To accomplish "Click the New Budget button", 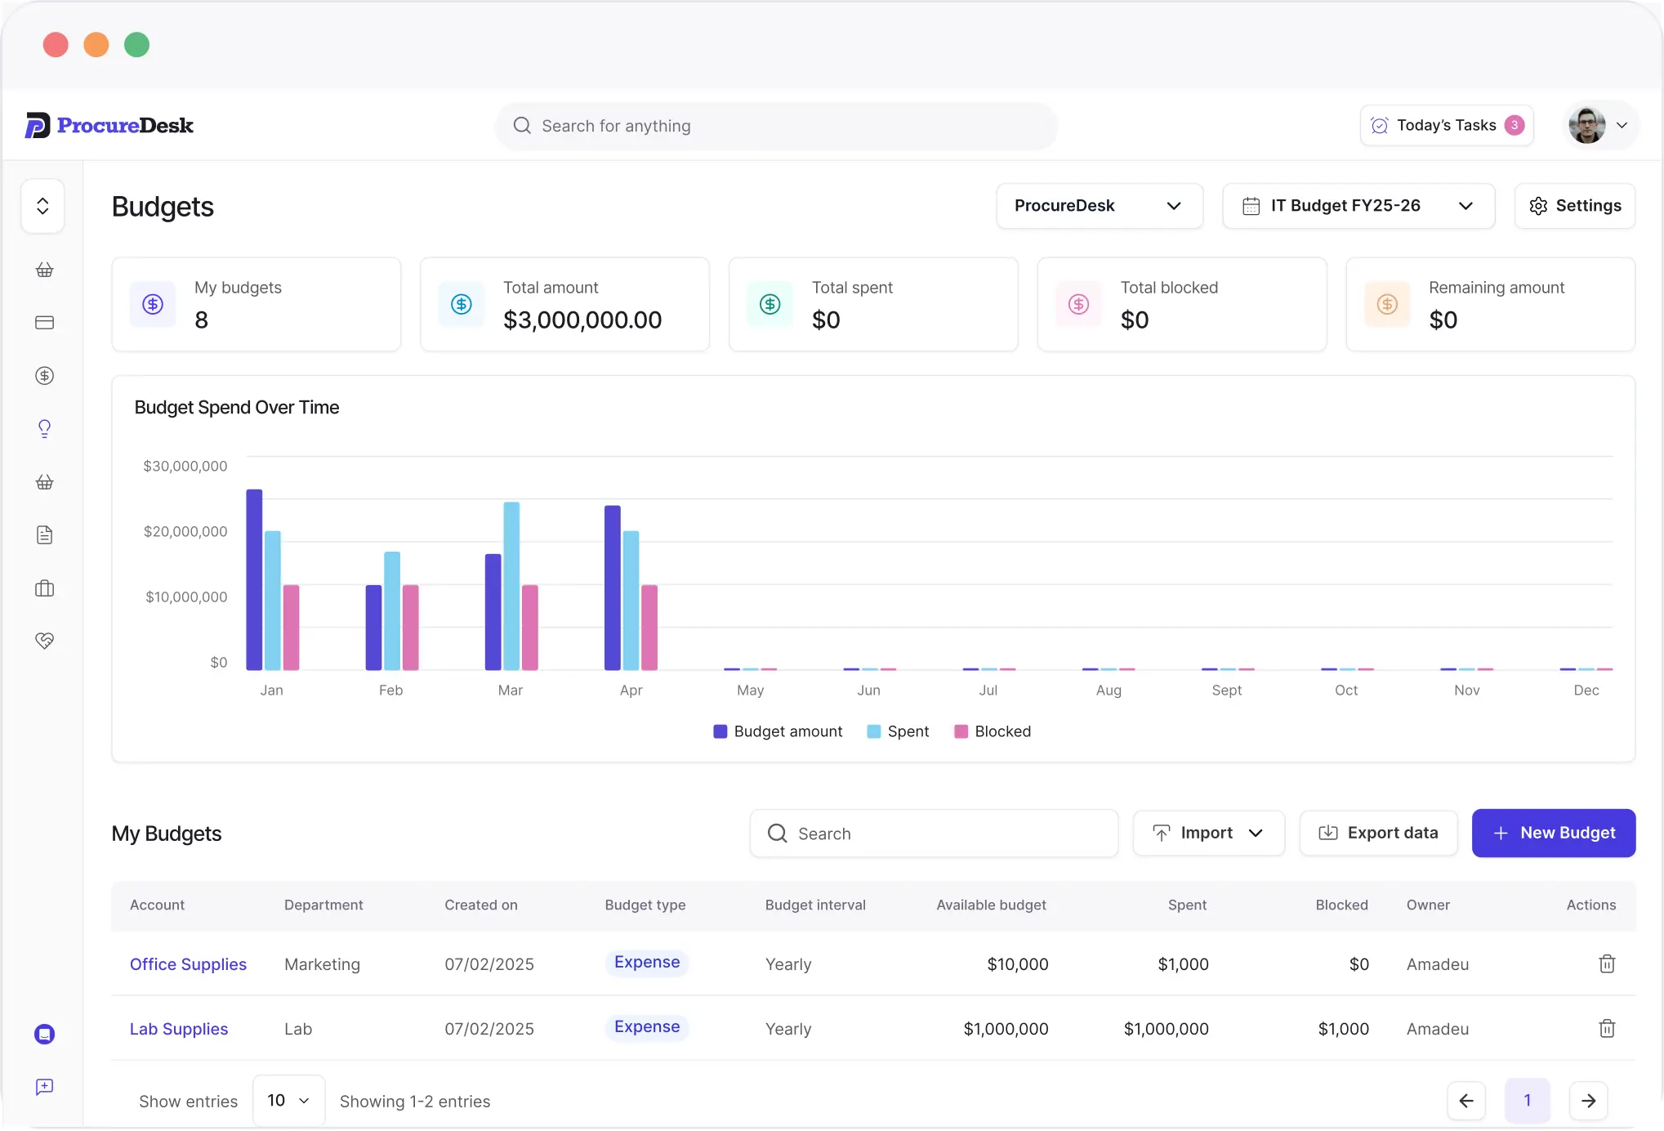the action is [x=1553, y=833].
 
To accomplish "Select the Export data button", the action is [x=1378, y=833].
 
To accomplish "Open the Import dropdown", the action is [x=1208, y=833].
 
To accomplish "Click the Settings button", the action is [x=1574, y=206].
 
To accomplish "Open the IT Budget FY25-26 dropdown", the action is [x=1358, y=206].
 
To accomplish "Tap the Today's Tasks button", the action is [x=1447, y=125].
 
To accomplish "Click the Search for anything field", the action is [x=776, y=126].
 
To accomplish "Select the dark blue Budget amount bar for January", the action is [x=254, y=579].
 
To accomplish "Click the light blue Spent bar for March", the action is [x=511, y=586].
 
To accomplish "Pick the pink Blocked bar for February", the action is [x=411, y=628].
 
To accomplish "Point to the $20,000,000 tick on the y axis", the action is [x=185, y=531].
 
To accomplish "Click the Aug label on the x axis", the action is [x=1109, y=691].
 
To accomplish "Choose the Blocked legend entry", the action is [x=993, y=731].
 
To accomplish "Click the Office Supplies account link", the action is [x=188, y=964].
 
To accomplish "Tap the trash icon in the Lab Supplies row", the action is [x=1607, y=1028].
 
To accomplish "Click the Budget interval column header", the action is [x=815, y=905].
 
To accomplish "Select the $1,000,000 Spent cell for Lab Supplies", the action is [x=1166, y=1029].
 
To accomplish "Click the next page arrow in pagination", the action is [x=1589, y=1101].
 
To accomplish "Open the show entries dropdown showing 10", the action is [x=288, y=1101].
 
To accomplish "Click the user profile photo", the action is [x=1586, y=125].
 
